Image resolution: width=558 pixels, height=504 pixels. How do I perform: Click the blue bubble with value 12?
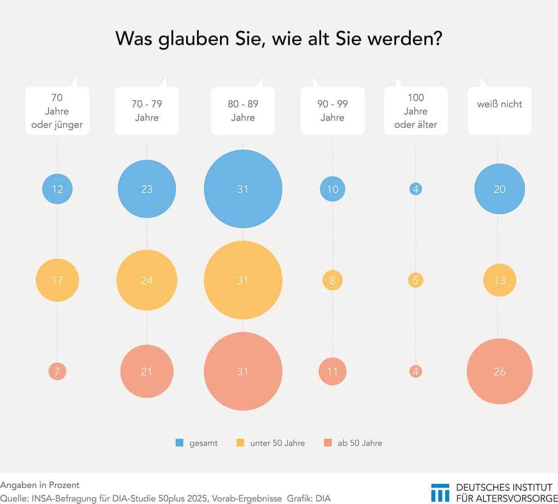(x=58, y=190)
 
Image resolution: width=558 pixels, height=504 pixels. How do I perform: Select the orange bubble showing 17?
(x=58, y=281)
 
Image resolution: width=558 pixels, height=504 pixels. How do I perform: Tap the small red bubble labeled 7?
(x=57, y=372)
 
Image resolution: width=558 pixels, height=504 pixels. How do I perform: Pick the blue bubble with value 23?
(x=147, y=190)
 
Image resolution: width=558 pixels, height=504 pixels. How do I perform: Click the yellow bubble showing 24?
(x=147, y=281)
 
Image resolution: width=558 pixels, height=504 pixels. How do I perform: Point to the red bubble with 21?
(x=147, y=372)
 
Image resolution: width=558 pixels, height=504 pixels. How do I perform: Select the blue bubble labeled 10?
(x=332, y=190)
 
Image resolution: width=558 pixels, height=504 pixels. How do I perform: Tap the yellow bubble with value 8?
(x=332, y=281)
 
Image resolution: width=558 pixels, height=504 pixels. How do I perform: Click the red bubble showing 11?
(x=332, y=372)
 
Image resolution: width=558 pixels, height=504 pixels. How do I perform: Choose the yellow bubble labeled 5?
(x=416, y=281)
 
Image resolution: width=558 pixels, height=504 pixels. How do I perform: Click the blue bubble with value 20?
(x=500, y=190)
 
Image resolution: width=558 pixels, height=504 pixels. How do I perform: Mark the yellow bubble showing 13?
(x=500, y=281)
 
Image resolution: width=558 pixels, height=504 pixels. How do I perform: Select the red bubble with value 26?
(x=500, y=372)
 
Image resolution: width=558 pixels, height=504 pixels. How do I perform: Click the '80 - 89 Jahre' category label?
(x=243, y=111)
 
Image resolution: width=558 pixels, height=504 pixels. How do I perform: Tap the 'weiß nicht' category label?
(x=500, y=104)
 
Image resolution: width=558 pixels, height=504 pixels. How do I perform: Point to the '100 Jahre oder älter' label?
(x=416, y=111)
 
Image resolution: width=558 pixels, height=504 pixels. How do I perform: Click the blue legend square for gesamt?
(x=179, y=443)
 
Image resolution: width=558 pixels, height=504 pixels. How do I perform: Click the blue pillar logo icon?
(x=440, y=492)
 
